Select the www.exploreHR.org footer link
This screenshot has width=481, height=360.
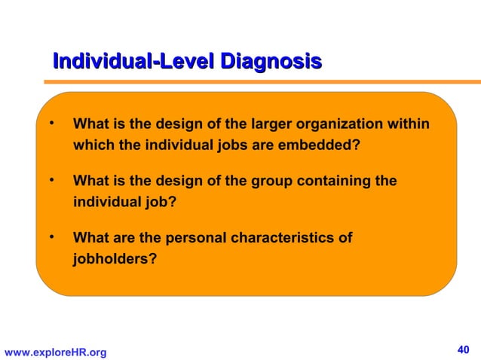click(x=55, y=352)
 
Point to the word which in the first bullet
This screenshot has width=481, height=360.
click(x=92, y=145)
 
